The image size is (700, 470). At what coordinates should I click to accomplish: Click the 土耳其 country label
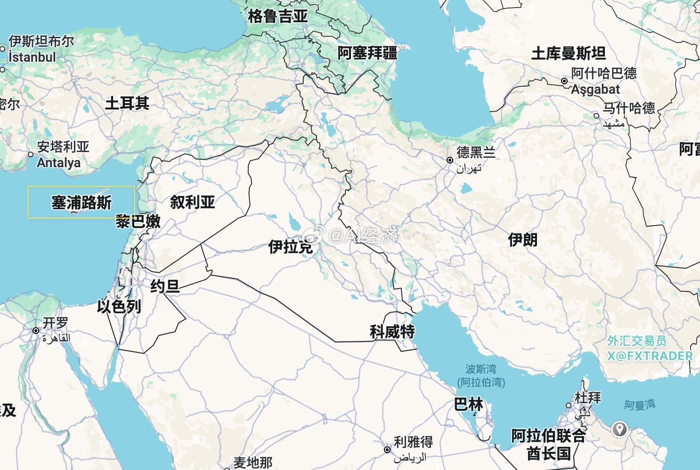[x=127, y=103]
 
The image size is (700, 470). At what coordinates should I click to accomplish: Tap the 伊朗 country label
[x=522, y=240]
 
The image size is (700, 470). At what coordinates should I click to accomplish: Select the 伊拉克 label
[x=290, y=246]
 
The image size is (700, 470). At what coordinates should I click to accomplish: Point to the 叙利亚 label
[x=192, y=203]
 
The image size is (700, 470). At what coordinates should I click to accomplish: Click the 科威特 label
[x=392, y=332]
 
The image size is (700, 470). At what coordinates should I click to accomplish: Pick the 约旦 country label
[x=165, y=286]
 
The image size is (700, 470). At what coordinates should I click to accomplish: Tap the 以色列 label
[x=119, y=307]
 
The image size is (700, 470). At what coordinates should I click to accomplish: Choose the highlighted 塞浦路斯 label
[x=81, y=203]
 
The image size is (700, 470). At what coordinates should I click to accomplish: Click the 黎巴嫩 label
[x=138, y=221]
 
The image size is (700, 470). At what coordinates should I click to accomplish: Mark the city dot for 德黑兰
[x=450, y=160]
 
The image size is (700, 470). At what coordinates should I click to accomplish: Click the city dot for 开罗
[x=36, y=331]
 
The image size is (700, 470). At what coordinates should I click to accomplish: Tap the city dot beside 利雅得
[x=387, y=450]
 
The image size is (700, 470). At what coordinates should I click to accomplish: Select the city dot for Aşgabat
[x=564, y=81]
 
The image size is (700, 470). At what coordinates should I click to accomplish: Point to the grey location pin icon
[x=619, y=429]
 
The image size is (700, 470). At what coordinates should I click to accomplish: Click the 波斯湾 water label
[x=480, y=369]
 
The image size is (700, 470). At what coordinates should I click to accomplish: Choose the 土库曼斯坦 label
[x=568, y=53]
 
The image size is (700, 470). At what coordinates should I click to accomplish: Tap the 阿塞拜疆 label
[x=367, y=53]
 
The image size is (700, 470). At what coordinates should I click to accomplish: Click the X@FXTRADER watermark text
[x=650, y=356]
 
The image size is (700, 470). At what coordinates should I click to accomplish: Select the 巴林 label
[x=468, y=404]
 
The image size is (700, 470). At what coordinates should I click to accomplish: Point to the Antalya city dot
[x=31, y=154]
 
